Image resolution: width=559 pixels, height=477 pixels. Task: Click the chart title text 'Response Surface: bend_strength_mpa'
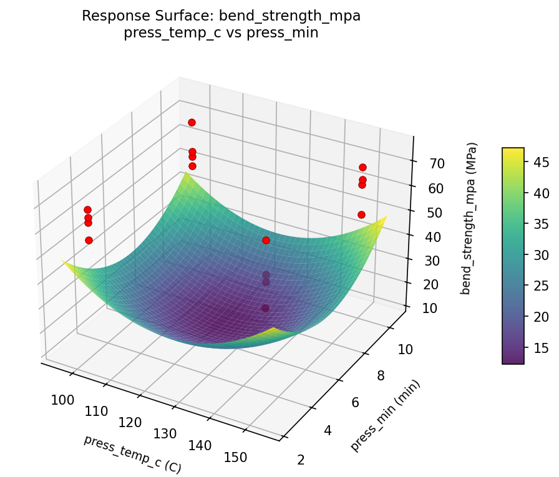pos(221,16)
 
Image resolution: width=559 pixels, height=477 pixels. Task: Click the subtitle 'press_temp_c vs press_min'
pos(221,33)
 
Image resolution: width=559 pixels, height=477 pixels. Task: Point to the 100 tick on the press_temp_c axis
pos(63,400)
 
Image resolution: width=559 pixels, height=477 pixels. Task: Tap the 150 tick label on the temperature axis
pos(235,457)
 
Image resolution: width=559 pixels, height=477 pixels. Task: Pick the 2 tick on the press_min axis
pos(301,460)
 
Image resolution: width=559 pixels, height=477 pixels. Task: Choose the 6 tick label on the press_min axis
pos(355,403)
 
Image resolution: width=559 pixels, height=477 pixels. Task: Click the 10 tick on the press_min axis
pos(405,349)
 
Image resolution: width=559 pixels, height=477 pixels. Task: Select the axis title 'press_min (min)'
pos(385,415)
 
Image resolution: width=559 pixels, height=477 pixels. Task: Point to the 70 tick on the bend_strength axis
pos(437,164)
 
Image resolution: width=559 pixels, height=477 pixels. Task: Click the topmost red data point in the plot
pos(192,122)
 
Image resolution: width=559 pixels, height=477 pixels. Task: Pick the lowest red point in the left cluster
pos(89,240)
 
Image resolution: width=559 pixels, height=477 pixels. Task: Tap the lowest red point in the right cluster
pos(361,214)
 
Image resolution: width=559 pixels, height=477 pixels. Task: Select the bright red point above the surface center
pos(266,240)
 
